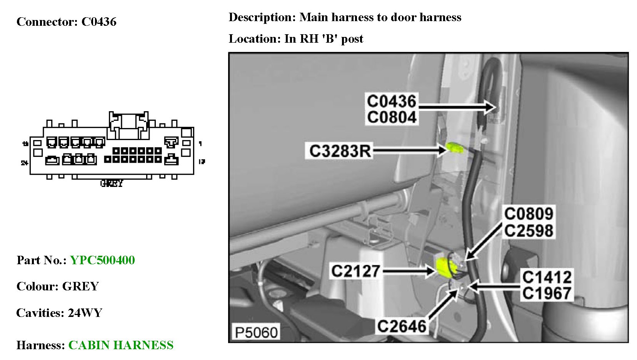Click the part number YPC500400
click(102, 260)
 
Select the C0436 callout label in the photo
click(391, 102)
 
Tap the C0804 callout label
click(391, 117)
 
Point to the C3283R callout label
click(340, 151)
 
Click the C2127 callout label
click(355, 271)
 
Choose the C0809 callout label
click(529, 214)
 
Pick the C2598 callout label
click(529, 231)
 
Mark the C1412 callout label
click(547, 277)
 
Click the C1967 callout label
click(547, 293)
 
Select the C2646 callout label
click(402, 327)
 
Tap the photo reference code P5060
click(256, 332)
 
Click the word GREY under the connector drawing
click(112, 183)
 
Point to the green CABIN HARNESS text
click(121, 345)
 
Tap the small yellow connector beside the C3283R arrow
click(454, 147)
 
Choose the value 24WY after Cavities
click(85, 313)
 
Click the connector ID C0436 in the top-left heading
click(99, 22)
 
